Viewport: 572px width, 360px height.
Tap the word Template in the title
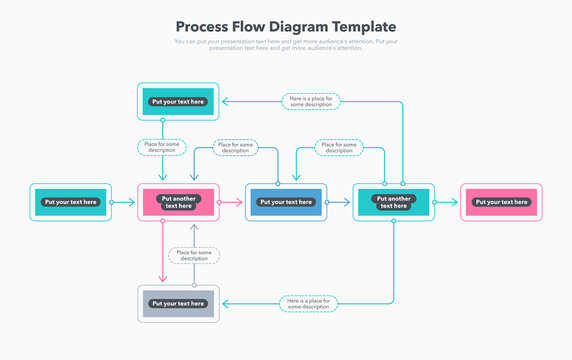(x=362, y=27)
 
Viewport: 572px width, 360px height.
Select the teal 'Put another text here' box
(x=393, y=202)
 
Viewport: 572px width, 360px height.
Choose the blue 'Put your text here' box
(x=286, y=202)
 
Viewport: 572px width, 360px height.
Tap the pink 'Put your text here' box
(x=501, y=202)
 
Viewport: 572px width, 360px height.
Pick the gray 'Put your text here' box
(x=177, y=303)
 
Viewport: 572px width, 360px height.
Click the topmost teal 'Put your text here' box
(x=177, y=101)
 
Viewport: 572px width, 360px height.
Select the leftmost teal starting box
(x=70, y=202)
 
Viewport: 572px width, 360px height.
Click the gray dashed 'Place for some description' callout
(x=194, y=255)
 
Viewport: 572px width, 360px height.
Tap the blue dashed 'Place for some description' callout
(x=236, y=147)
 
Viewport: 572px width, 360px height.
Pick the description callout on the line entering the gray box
(x=308, y=303)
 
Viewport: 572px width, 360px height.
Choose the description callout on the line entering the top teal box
(x=310, y=101)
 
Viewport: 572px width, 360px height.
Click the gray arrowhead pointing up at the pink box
(x=194, y=228)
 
